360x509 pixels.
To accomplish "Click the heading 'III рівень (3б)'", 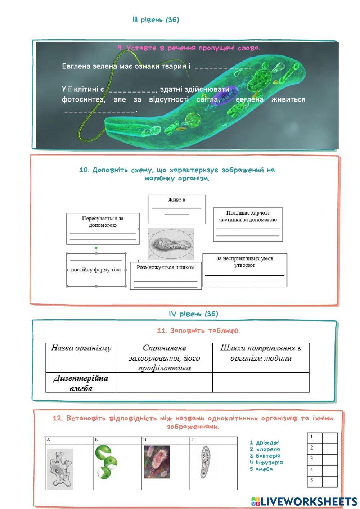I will coord(156,20).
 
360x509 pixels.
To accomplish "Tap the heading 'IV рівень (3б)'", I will coord(193,314).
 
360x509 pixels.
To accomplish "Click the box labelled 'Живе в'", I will coord(176,209).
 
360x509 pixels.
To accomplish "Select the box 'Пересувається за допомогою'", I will coord(103,229).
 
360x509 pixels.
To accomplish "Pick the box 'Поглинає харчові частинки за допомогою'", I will coord(248,224).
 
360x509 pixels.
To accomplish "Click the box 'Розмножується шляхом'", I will coord(166,276).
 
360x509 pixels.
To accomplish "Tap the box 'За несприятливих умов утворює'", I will coord(245,270).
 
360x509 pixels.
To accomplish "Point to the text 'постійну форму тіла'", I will coord(96,270).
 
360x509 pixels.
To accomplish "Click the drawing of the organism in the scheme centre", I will coord(171,244).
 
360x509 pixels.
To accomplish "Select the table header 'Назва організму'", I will coord(81,348).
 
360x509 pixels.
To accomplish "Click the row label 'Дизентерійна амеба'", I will coord(81,383).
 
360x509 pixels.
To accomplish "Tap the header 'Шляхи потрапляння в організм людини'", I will coord(261,353).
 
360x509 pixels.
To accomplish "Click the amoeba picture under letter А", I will coord(60,468).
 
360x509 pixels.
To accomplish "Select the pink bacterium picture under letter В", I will coord(157,462).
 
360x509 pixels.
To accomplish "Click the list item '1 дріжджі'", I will coord(265,442).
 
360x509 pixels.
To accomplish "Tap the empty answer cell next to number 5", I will coord(329,481).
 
